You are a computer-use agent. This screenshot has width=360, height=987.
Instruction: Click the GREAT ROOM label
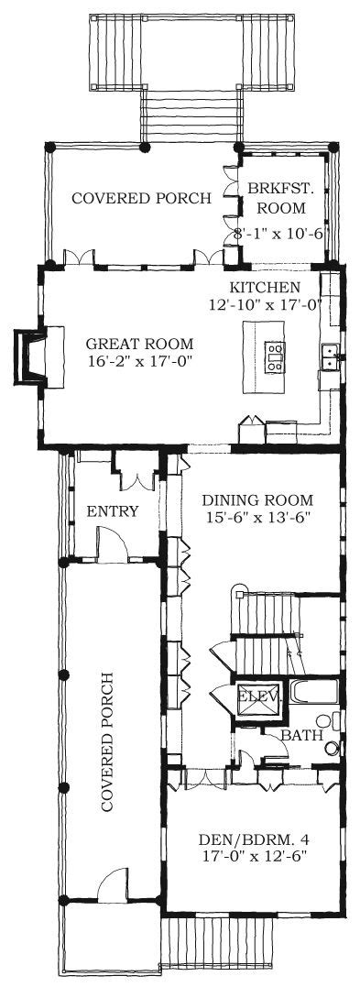(x=139, y=345)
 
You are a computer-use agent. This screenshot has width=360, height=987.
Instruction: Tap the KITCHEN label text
(x=265, y=288)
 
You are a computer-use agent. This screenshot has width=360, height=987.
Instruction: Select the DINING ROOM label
(x=256, y=500)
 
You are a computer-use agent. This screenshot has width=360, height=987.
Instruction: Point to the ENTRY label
(x=113, y=511)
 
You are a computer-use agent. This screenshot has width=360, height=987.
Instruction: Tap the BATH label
(x=302, y=735)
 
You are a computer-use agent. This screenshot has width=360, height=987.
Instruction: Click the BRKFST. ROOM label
(x=277, y=197)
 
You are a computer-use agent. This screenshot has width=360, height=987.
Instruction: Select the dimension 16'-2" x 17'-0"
(x=138, y=361)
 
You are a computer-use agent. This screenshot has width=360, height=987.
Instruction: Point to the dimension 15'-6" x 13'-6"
(x=256, y=517)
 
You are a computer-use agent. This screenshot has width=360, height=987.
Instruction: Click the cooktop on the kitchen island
(x=275, y=356)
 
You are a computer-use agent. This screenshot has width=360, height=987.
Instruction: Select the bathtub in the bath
(x=314, y=693)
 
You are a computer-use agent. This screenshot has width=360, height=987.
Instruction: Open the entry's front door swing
(x=112, y=543)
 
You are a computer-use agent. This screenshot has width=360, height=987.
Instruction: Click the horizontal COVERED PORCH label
(x=142, y=198)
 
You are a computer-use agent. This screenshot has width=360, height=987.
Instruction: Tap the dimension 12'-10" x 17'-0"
(x=267, y=304)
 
